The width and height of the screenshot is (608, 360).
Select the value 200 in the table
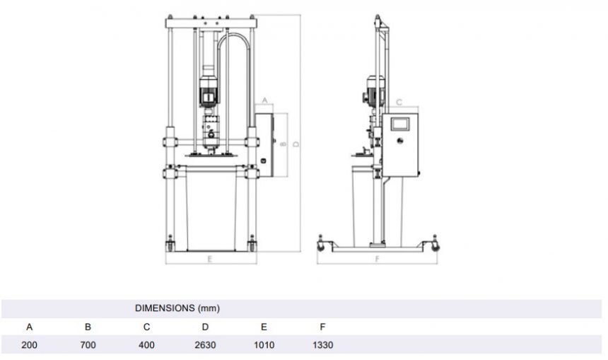tap(29, 345)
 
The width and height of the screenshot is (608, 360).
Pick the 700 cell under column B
tap(88, 345)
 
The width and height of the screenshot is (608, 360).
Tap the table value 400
tap(146, 345)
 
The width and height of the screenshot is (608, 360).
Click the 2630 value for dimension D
tap(205, 345)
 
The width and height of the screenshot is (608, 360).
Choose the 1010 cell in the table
tap(264, 345)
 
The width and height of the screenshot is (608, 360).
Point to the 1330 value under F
tap(322, 345)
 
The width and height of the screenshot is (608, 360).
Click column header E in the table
tap(264, 327)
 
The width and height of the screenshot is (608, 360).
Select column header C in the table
tap(146, 327)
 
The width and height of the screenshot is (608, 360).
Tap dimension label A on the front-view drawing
tap(264, 101)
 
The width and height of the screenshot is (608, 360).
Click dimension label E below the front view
tap(210, 260)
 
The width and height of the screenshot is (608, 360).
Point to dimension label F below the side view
tap(378, 260)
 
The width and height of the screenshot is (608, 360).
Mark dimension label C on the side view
tap(399, 103)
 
